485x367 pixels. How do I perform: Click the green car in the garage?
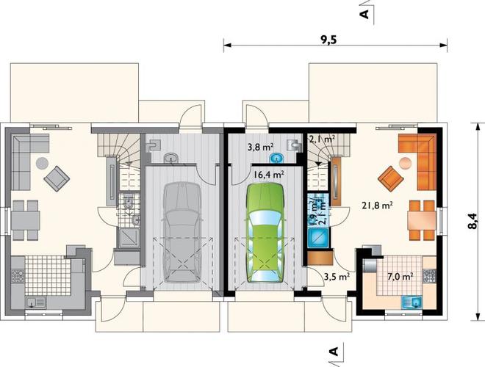pyautogui.click(x=265, y=233)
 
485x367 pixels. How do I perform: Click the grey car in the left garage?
pyautogui.click(x=182, y=233)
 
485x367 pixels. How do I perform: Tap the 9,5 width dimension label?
pyautogui.click(x=328, y=40)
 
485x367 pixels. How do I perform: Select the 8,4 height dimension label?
pyautogui.click(x=473, y=221)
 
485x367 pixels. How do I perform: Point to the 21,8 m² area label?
pyautogui.click(x=378, y=205)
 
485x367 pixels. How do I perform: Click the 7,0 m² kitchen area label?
pyautogui.click(x=400, y=276)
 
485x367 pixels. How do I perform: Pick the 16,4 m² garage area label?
pyautogui.click(x=269, y=175)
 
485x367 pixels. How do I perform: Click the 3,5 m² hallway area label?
pyautogui.click(x=337, y=277)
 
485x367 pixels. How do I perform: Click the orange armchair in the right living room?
pyautogui.click(x=391, y=178)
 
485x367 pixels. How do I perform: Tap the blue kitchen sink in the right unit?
pyautogui.click(x=412, y=302)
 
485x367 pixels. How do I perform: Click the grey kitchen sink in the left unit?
pyautogui.click(x=35, y=302)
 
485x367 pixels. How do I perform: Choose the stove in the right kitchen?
pyautogui.click(x=429, y=276)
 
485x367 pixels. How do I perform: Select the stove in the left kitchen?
pyautogui.click(x=18, y=276)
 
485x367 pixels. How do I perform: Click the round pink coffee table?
pyautogui.click(x=405, y=163)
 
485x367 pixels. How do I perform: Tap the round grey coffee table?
pyautogui.click(x=42, y=163)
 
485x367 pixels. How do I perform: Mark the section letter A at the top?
pyautogui.click(x=365, y=14)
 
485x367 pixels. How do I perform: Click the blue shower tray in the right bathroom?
pyautogui.click(x=317, y=237)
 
